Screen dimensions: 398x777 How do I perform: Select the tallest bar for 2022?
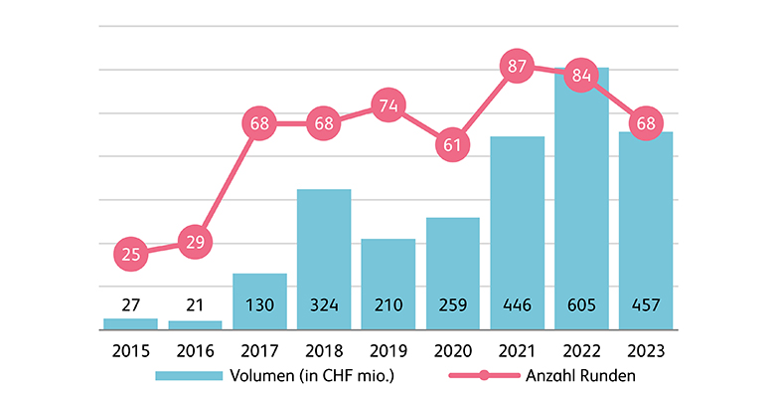pos(581,199)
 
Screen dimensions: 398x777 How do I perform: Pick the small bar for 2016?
pos(195,324)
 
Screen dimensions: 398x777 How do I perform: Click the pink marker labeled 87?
pos(517,67)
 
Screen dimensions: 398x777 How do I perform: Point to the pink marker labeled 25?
pos(131,255)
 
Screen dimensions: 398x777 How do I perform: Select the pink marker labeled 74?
pos(388,104)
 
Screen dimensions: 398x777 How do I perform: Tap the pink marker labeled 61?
pos(452,144)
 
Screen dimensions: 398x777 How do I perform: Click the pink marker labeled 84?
pos(581,76)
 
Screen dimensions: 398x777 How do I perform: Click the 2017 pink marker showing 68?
pos(259,124)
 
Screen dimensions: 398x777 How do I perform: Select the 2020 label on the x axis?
pos(452,350)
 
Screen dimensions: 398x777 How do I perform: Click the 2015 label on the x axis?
pos(131,350)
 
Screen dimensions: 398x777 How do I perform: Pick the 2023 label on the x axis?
pos(646,350)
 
